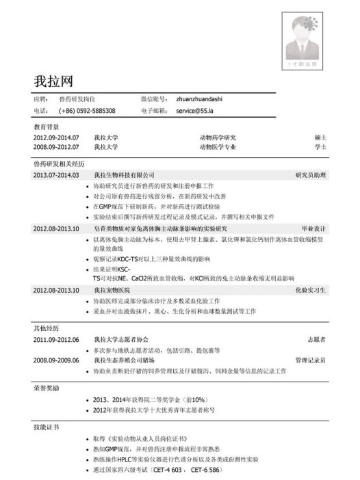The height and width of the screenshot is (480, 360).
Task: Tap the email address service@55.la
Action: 196,111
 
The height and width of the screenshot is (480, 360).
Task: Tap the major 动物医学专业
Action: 218,146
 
